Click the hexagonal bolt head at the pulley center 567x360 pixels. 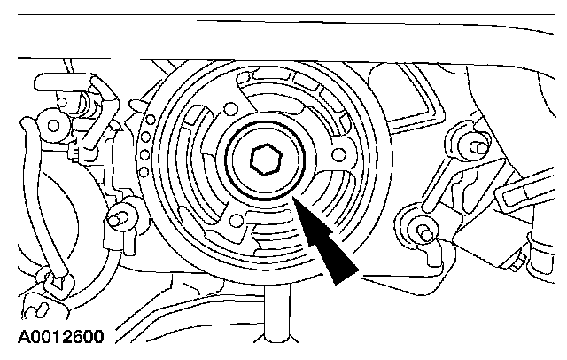pos(264,160)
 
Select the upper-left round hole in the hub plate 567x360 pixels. pos(231,109)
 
